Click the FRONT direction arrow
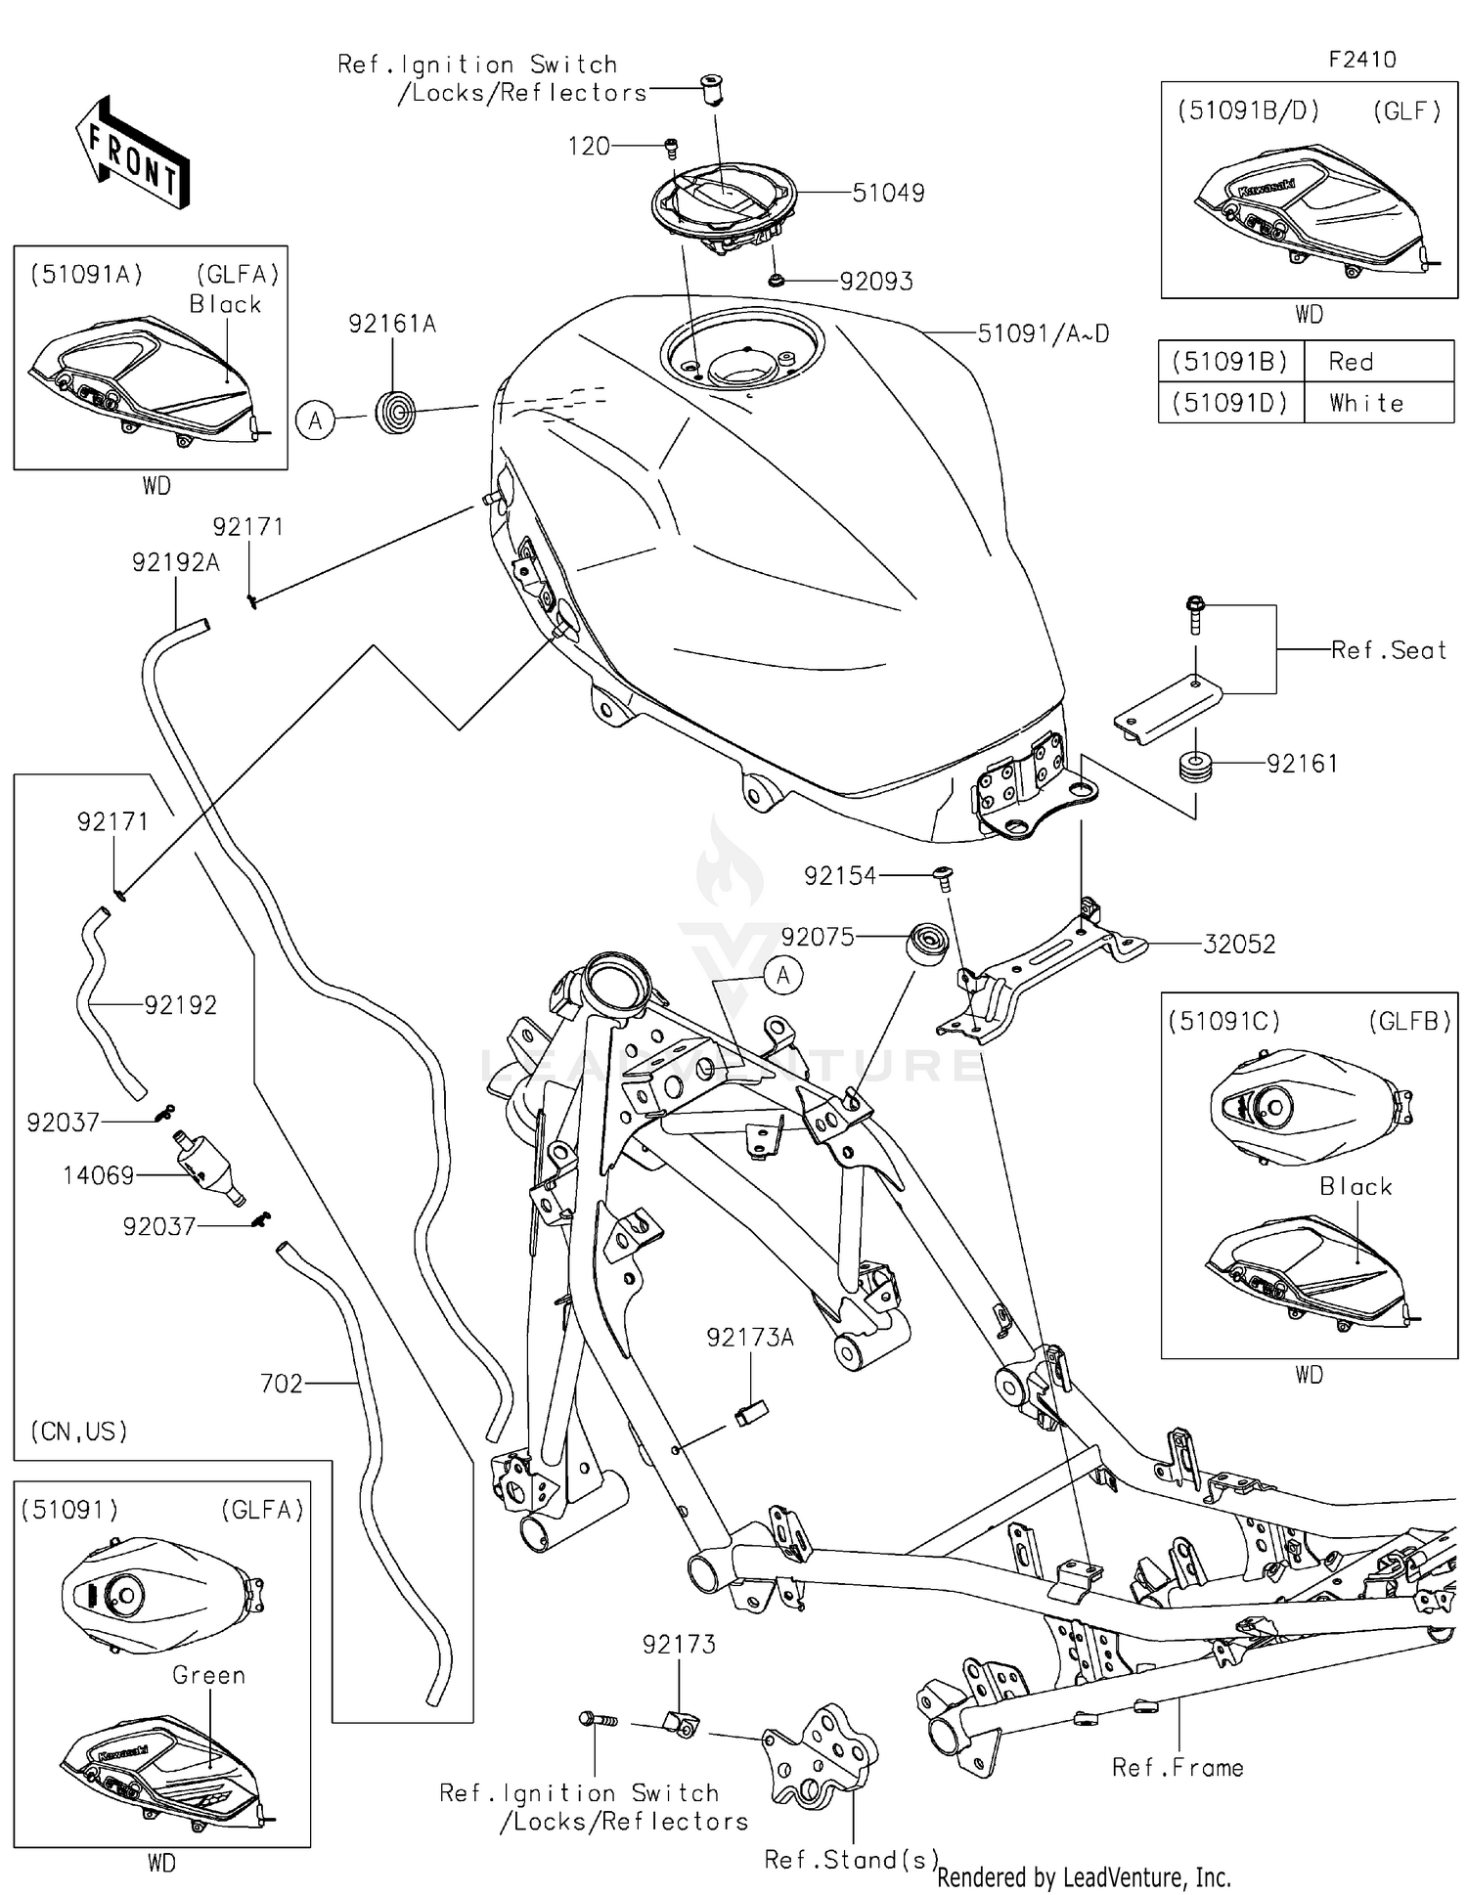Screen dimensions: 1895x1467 tap(133, 153)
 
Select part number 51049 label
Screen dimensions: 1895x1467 tap(888, 193)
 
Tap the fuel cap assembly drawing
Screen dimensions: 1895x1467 tap(724, 207)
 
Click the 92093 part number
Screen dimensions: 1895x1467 tap(876, 282)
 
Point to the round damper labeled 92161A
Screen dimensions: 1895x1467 tap(396, 411)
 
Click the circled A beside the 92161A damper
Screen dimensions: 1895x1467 tap(315, 421)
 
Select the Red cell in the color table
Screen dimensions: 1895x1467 tap(1351, 362)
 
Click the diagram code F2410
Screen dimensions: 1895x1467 tap(1361, 60)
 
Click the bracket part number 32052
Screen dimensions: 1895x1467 tap(1238, 945)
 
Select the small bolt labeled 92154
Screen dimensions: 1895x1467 tap(944, 876)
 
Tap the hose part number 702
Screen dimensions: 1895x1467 tap(282, 1384)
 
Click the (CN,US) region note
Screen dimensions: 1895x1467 tap(79, 1432)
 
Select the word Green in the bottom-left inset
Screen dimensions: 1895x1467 tap(208, 1675)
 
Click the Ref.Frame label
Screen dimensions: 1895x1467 tap(1178, 1768)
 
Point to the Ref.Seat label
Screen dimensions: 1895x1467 tap(1388, 650)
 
